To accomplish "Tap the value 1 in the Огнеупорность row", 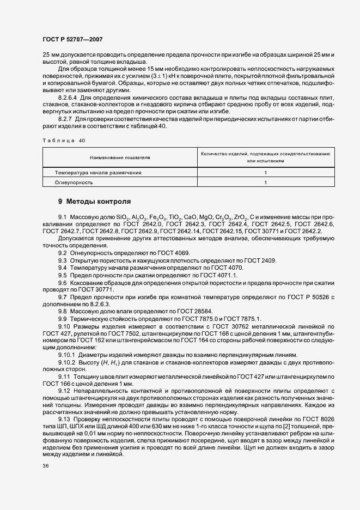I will tap(265, 183).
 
